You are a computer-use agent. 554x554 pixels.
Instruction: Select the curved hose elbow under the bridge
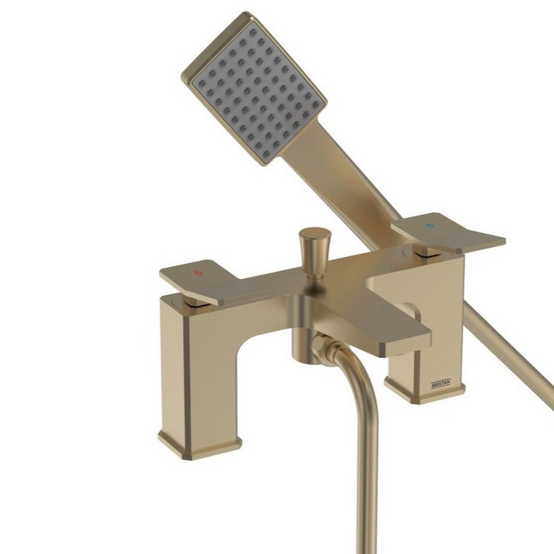click(332, 355)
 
